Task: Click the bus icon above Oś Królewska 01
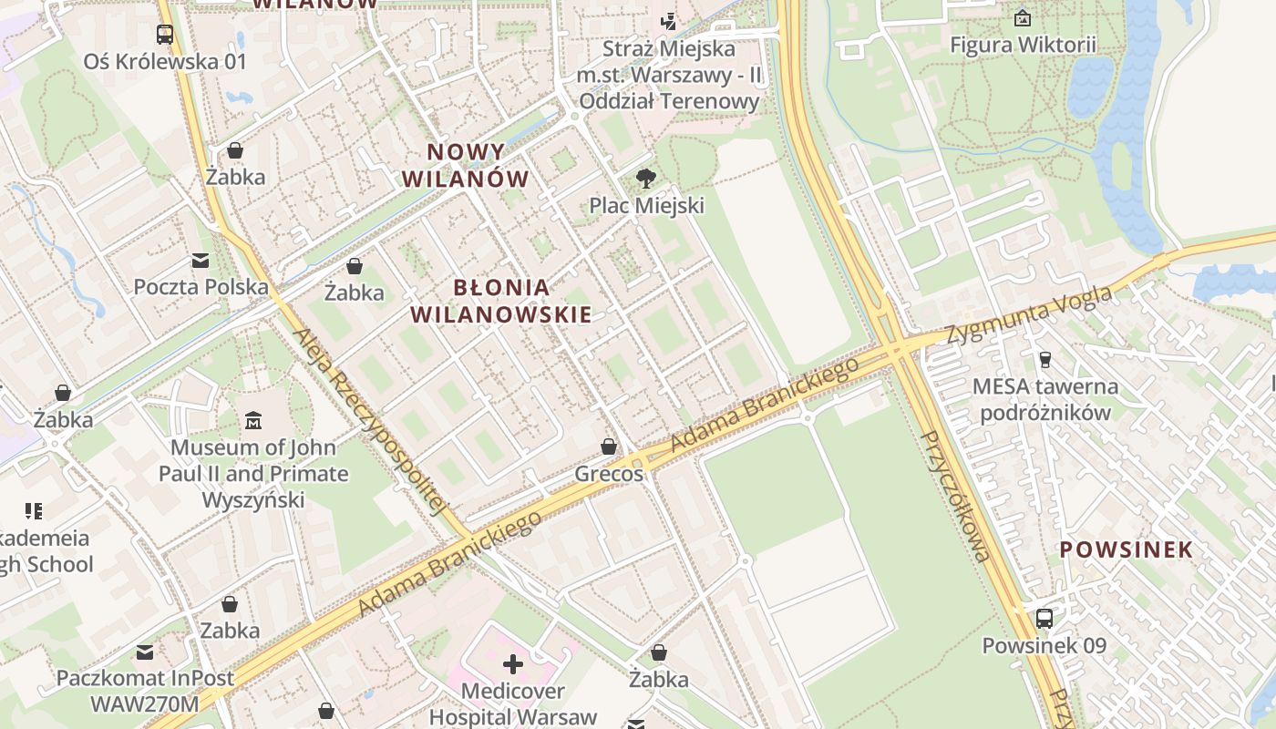(165, 35)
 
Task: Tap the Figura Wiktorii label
(1023, 45)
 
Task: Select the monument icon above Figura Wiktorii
(1023, 17)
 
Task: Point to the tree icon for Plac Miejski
(646, 178)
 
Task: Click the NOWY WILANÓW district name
(466, 165)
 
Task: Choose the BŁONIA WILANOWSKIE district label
(501, 301)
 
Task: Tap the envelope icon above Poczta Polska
(201, 261)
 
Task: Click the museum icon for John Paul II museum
(253, 420)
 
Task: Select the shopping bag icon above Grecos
(609, 447)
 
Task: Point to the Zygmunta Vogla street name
(1029, 315)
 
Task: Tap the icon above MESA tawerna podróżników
(1044, 359)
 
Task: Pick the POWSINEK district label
(1126, 549)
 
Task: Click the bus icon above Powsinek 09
(1044, 619)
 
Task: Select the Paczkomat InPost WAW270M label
(145, 691)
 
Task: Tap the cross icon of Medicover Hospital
(513, 664)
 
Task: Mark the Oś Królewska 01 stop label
(165, 62)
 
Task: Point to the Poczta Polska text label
(201, 287)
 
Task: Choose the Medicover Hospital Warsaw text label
(513, 703)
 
